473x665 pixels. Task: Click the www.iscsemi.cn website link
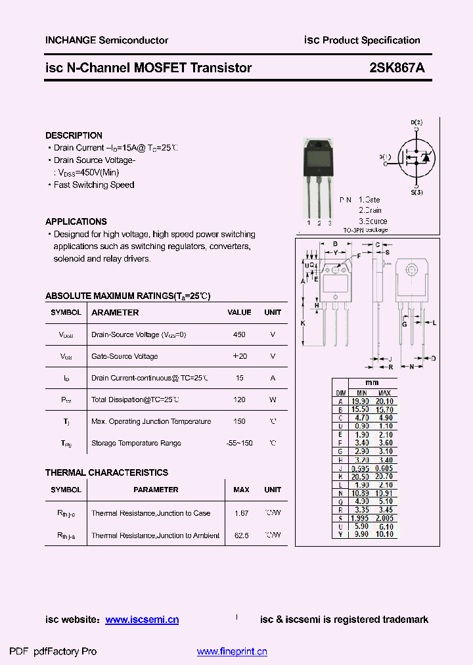tap(142, 620)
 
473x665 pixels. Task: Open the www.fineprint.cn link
tap(232, 652)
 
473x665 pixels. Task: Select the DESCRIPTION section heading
tap(74, 135)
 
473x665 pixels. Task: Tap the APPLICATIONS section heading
tap(76, 221)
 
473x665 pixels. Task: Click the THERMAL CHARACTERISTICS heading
tap(106, 472)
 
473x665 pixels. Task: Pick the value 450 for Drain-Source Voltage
tap(239, 334)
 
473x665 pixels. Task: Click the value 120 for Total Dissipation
tap(239, 400)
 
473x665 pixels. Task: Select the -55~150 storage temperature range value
tap(239, 443)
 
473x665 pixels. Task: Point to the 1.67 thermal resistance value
tap(241, 513)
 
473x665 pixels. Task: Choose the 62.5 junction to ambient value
tap(241, 536)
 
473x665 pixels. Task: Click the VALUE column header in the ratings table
tap(239, 313)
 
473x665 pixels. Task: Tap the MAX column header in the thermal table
tap(241, 490)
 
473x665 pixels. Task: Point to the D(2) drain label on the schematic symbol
tap(417, 123)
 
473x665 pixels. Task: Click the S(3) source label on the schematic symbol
tap(417, 192)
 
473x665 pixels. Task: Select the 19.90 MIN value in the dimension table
tap(361, 401)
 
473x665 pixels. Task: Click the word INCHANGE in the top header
tap(70, 40)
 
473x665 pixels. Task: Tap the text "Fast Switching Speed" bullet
tap(94, 185)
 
